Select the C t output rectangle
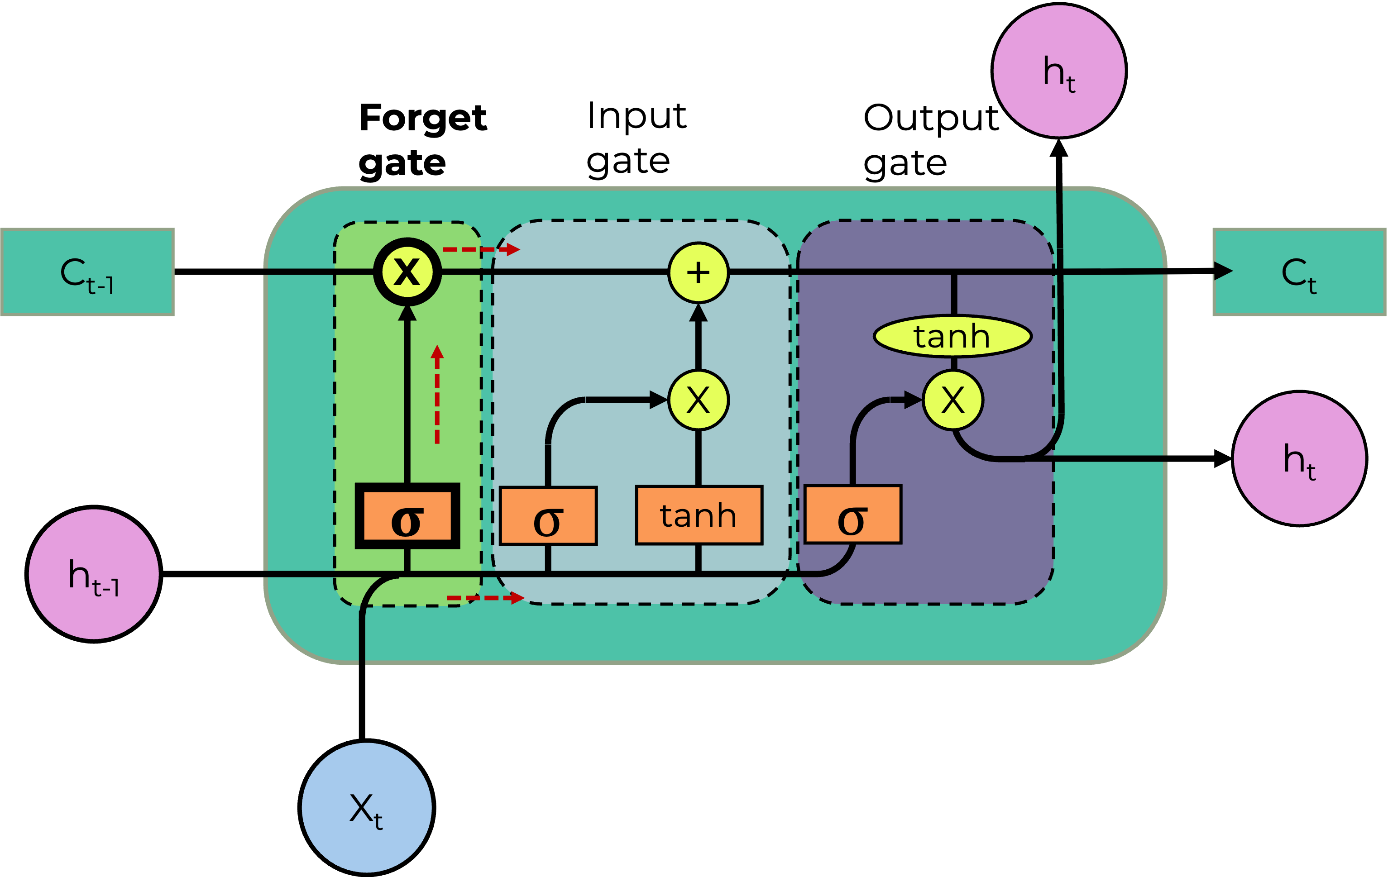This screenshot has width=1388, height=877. click(1299, 272)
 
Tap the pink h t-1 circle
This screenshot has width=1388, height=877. click(94, 574)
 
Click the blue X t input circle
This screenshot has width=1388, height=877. click(367, 807)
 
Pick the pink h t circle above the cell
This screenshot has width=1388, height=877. click(1059, 71)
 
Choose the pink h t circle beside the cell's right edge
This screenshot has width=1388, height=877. click(1299, 459)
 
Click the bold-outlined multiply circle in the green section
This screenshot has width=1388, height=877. click(407, 272)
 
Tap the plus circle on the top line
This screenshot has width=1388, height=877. click(699, 272)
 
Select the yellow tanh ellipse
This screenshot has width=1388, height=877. click(952, 336)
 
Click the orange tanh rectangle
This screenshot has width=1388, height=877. click(699, 515)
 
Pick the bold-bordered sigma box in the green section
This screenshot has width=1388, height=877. click(407, 516)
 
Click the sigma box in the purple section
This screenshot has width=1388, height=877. click(852, 515)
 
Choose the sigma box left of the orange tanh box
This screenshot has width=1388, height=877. click(548, 516)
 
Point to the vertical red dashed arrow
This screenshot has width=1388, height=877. click(437, 395)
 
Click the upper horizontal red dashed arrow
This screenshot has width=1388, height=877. click(481, 249)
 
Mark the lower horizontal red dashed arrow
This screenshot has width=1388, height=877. click(485, 598)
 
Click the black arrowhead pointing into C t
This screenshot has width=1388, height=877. click(1223, 271)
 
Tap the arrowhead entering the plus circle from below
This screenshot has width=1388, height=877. click(699, 313)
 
